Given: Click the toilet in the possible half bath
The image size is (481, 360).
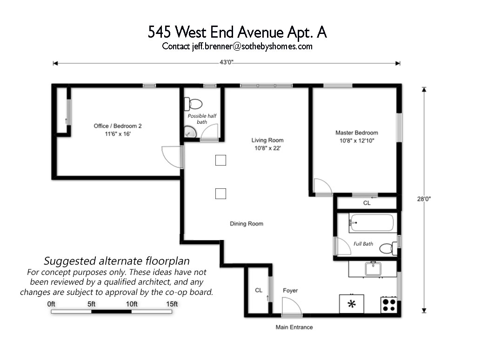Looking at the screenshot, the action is [x=193, y=104].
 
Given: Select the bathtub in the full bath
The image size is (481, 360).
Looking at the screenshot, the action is [x=371, y=223].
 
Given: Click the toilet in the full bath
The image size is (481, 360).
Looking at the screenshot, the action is [x=388, y=248].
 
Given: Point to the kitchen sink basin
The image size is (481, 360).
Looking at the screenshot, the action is [x=373, y=269].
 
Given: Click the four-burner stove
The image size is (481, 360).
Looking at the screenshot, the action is [x=389, y=305].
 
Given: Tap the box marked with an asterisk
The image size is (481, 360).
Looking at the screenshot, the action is [x=352, y=304].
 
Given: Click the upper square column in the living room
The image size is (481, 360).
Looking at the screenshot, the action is [x=220, y=160].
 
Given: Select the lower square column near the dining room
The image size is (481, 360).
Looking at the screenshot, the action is [x=220, y=194].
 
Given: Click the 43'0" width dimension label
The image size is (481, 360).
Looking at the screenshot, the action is [x=227, y=62].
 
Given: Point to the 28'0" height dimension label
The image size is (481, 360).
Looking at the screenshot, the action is [x=424, y=199].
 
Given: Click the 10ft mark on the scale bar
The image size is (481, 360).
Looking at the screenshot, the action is [x=132, y=304].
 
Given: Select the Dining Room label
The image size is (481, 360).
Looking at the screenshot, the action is [x=247, y=224].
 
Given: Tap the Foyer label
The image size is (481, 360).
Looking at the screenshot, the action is [x=290, y=290].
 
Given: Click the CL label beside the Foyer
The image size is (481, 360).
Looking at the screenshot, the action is [x=259, y=290].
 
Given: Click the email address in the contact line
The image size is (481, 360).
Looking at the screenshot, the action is [x=252, y=47].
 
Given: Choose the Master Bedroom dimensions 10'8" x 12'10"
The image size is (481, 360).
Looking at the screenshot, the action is [x=357, y=141].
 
